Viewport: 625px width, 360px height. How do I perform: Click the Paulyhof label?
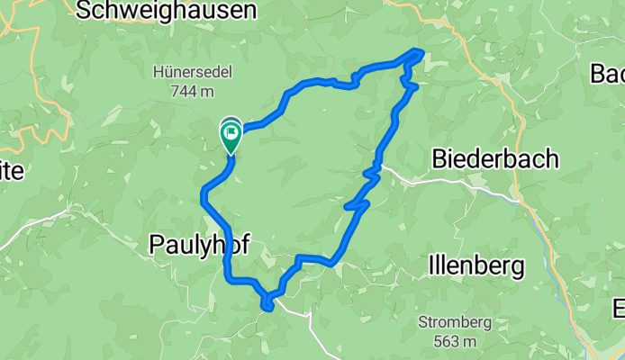pyautogui.click(x=198, y=244)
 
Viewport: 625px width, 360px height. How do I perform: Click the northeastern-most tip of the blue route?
pyautogui.click(x=420, y=51)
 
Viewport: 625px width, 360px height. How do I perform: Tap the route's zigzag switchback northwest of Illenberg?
pyautogui.click(x=359, y=206)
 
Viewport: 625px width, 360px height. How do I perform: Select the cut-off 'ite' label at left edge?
pyautogui.click(x=13, y=170)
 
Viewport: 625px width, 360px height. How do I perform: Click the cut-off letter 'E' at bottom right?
pyautogui.click(x=619, y=308)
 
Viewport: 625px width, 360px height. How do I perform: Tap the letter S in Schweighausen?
pyautogui.click(x=85, y=11)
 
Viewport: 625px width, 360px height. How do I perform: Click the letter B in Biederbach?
pyautogui.click(x=440, y=159)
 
